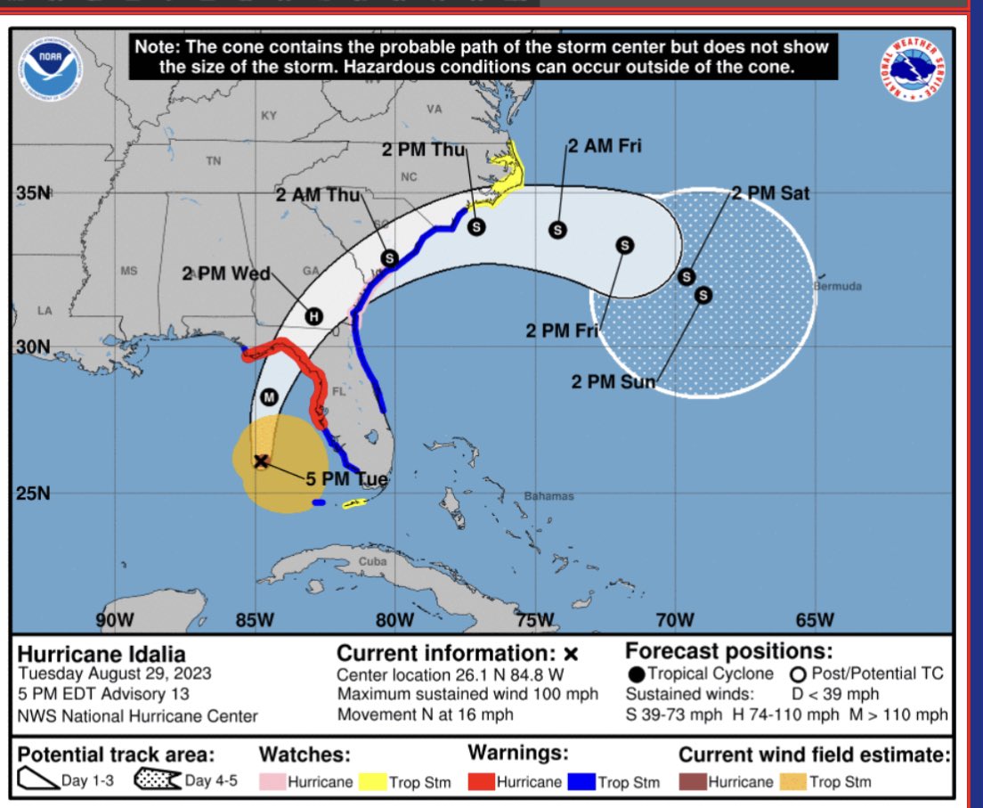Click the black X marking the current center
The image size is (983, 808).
pyautogui.click(x=261, y=461)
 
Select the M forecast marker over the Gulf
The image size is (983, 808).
pyautogui.click(x=268, y=396)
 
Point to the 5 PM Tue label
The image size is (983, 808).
pyautogui.click(x=347, y=479)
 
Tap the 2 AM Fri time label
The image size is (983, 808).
pyautogui.click(x=605, y=145)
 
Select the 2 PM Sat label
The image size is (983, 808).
pyautogui.click(x=771, y=192)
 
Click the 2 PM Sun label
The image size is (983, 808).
pyautogui.click(x=613, y=382)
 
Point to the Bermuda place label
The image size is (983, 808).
pyautogui.click(x=838, y=287)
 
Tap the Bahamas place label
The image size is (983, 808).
pyautogui.click(x=548, y=496)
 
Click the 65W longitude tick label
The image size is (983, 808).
pyautogui.click(x=814, y=619)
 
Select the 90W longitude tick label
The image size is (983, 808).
pyautogui.click(x=115, y=619)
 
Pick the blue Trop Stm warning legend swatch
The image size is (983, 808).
pyautogui.click(x=583, y=783)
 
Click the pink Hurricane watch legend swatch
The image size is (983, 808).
pyautogui.click(x=272, y=783)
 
